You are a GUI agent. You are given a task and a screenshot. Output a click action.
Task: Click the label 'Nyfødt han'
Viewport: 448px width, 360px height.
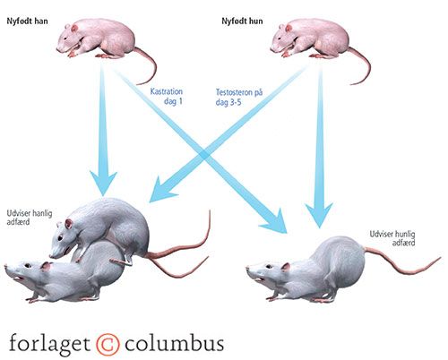pos(27,21)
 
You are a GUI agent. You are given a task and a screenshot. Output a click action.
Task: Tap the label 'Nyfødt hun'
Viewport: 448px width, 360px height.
pos(242,21)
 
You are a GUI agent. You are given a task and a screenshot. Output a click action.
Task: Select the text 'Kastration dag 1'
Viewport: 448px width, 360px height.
pos(167,96)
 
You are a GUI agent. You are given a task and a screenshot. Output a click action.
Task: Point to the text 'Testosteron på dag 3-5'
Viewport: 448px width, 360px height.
pos(239,97)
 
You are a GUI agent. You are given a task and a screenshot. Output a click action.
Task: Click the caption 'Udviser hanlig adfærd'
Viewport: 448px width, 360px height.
pos(30,218)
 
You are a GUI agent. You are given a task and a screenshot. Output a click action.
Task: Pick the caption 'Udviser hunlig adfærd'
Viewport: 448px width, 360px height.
pos(392,238)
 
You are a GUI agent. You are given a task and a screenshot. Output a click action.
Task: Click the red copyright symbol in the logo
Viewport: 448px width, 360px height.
pos(108,344)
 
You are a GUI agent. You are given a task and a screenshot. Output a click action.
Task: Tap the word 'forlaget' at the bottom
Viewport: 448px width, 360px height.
pos(49,344)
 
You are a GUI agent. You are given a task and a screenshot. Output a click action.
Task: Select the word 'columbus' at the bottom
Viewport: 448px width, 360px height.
pos(174,343)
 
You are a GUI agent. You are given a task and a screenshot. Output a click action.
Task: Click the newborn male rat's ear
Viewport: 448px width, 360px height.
pos(74,29)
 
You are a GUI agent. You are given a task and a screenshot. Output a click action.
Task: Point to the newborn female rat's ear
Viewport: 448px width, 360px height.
pos(289,29)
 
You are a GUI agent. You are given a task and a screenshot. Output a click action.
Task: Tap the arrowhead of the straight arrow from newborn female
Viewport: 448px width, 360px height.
pos(319,215)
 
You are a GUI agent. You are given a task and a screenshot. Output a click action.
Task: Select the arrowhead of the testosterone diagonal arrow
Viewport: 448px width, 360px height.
pos(161,190)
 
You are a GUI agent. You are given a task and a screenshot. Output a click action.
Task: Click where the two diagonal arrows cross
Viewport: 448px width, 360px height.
pos(204,155)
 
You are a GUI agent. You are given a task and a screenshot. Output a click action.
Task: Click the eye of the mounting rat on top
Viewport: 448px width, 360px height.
pos(60,238)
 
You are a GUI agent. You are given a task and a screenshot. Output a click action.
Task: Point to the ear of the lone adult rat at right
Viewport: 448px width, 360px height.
pos(286,267)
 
